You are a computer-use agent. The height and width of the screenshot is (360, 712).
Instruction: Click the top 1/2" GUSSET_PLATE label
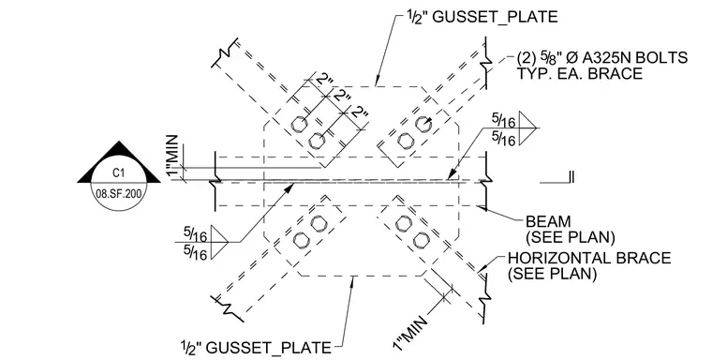482,17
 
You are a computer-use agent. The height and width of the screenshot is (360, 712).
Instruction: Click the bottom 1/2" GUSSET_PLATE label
256,347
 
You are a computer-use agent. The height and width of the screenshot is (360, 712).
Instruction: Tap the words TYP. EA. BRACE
580,73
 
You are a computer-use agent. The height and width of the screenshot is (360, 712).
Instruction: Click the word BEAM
548,221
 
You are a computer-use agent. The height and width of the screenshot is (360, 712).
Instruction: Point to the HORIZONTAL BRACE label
589,258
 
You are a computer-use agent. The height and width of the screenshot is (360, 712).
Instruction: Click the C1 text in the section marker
119,172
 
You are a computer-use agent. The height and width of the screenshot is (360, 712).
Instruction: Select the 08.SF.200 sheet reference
119,194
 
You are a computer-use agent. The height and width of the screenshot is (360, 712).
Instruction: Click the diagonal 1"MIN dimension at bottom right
410,333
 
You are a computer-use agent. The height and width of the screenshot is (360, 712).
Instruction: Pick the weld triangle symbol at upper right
527,128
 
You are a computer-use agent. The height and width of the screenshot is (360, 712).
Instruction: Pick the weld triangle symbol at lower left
219,242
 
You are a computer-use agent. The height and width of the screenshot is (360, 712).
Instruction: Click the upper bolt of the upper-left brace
299,124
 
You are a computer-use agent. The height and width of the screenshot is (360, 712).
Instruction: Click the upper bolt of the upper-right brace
423,123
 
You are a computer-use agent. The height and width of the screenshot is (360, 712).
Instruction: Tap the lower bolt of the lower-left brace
300,240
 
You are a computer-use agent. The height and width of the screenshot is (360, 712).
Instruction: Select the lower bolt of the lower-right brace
421,239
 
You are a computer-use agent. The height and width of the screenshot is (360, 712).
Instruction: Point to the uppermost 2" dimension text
325,82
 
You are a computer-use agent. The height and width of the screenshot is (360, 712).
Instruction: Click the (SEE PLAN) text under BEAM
571,237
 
